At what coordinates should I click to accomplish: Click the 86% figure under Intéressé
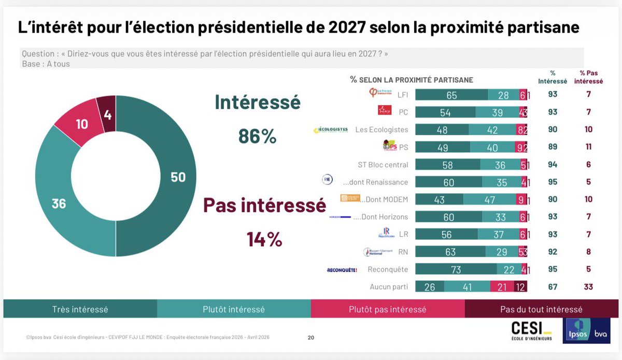257,136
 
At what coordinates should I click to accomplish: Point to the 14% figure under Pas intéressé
264,239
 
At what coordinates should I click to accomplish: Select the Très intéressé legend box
80,309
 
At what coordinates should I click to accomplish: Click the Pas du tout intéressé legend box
541,309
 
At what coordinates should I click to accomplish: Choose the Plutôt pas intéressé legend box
388,309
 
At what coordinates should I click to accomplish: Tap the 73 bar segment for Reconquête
456,269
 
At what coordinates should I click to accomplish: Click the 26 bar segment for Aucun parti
430,287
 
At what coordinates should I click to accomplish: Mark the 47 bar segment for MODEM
489,199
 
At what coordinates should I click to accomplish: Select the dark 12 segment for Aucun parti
520,287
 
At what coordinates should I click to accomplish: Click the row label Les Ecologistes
381,129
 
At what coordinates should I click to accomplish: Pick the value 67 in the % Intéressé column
553,287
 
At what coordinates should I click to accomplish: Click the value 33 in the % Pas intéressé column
588,287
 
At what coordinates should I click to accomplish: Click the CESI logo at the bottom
531,332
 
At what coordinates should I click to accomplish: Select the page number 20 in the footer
311,338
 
